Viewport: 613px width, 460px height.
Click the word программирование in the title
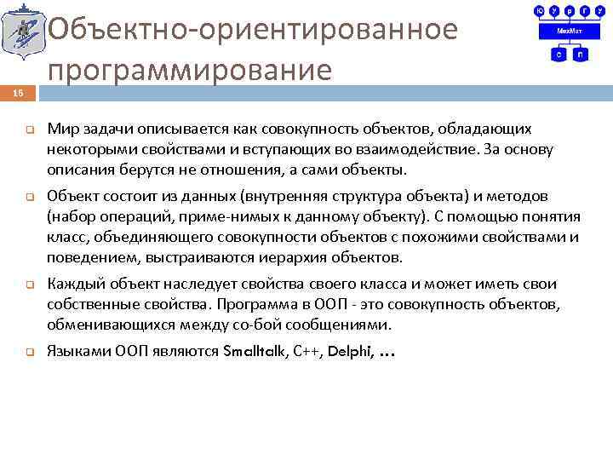click(x=189, y=70)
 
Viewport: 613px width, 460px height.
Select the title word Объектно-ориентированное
click(x=253, y=29)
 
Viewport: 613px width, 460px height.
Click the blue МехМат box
click(x=564, y=32)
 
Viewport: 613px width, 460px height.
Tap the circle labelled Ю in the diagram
click(x=539, y=12)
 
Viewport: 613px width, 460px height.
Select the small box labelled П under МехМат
click(x=580, y=54)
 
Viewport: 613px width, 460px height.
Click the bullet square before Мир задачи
click(x=27, y=130)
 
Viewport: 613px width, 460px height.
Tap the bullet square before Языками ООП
click(x=27, y=351)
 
